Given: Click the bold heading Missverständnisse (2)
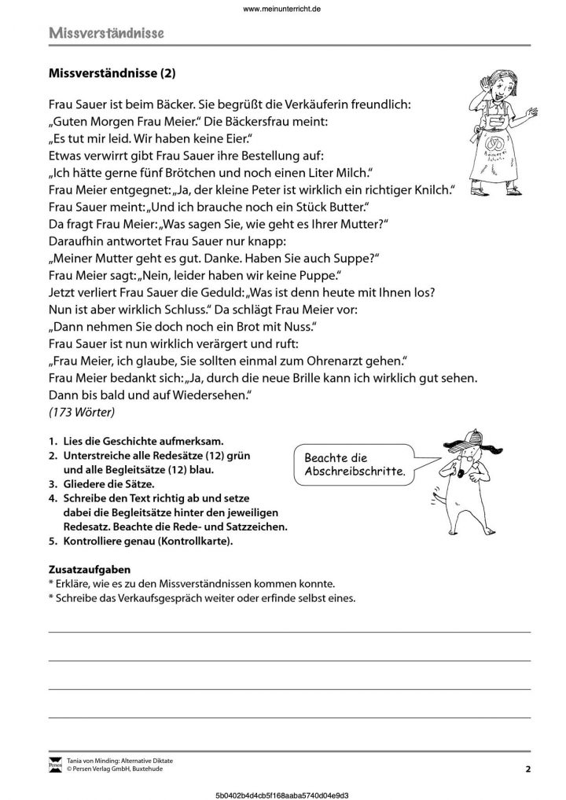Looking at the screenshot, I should click(113, 75).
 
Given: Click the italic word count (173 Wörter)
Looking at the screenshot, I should click(82, 411).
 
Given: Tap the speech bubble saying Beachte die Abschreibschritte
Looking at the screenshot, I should click(351, 465).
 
